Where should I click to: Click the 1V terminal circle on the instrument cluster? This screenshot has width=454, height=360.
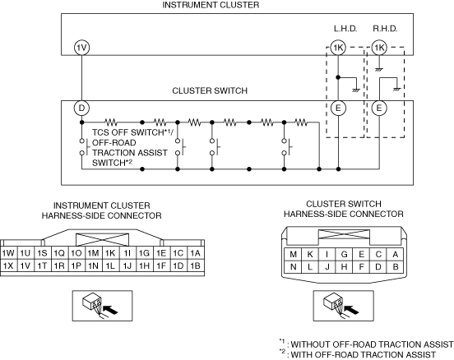point(81,48)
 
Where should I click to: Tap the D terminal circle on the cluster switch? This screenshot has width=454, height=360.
point(81,108)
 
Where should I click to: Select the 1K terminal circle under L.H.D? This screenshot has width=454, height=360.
point(338,48)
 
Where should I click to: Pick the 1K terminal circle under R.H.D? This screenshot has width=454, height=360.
point(379,48)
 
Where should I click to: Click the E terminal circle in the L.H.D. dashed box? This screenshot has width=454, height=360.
point(338,108)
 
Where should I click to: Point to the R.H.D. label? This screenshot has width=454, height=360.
point(385,29)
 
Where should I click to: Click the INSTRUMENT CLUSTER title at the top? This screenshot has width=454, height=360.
point(211,5)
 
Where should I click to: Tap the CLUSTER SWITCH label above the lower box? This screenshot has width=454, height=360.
point(210,90)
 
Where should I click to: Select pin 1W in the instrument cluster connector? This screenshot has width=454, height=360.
point(8,253)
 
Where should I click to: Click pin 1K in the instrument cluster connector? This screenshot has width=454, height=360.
point(110,253)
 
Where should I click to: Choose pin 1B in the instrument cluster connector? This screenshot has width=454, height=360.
point(196,265)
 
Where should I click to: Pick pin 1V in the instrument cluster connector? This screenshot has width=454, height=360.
point(25,265)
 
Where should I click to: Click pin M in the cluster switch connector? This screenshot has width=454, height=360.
point(293,254)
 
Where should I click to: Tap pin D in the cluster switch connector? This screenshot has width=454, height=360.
point(378,266)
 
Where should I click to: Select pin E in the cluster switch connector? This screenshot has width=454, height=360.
point(361,254)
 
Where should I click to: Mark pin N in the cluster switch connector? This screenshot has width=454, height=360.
point(293,266)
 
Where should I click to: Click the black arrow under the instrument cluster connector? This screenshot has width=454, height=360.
point(110,310)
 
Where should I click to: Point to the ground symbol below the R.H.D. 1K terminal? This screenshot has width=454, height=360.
point(378,70)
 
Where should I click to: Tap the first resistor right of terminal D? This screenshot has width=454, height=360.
point(110,122)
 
